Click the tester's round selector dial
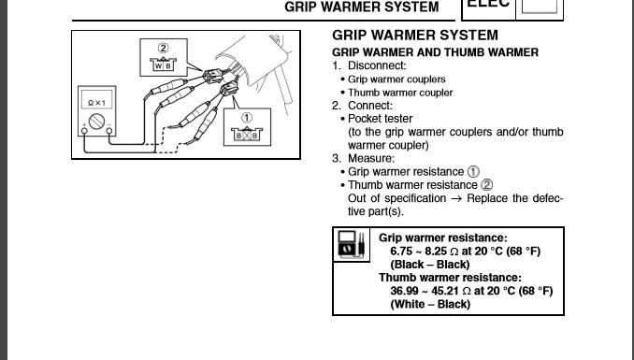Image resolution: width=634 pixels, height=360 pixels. click(96, 122)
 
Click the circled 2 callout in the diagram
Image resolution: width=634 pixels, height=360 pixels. click(163, 48)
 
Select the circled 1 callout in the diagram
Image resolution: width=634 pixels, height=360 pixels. click(247, 118)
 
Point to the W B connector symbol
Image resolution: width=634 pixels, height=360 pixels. click(164, 65)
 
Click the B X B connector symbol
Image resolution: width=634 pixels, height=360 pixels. click(247, 135)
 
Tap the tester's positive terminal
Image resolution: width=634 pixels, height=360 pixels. click(84, 131)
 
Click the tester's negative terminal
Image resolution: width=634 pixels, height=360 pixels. click(109, 131)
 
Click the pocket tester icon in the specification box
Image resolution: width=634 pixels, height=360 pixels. click(351, 244)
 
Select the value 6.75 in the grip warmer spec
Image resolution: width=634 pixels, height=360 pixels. click(401, 252)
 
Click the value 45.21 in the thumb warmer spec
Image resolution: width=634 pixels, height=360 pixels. click(445, 291)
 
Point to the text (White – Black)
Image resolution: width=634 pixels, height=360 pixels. click(430, 304)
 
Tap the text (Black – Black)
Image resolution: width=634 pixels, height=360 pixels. click(430, 265)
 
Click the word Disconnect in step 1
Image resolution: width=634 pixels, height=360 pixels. click(376, 65)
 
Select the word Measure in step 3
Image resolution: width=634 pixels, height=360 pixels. click(370, 158)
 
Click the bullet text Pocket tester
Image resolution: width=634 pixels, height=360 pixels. click(380, 119)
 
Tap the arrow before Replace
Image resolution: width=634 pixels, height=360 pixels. click(456, 199)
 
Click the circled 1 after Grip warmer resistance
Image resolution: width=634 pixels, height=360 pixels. click(473, 172)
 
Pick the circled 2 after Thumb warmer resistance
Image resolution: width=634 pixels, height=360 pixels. click(487, 185)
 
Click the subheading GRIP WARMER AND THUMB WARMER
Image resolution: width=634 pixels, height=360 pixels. click(435, 52)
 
